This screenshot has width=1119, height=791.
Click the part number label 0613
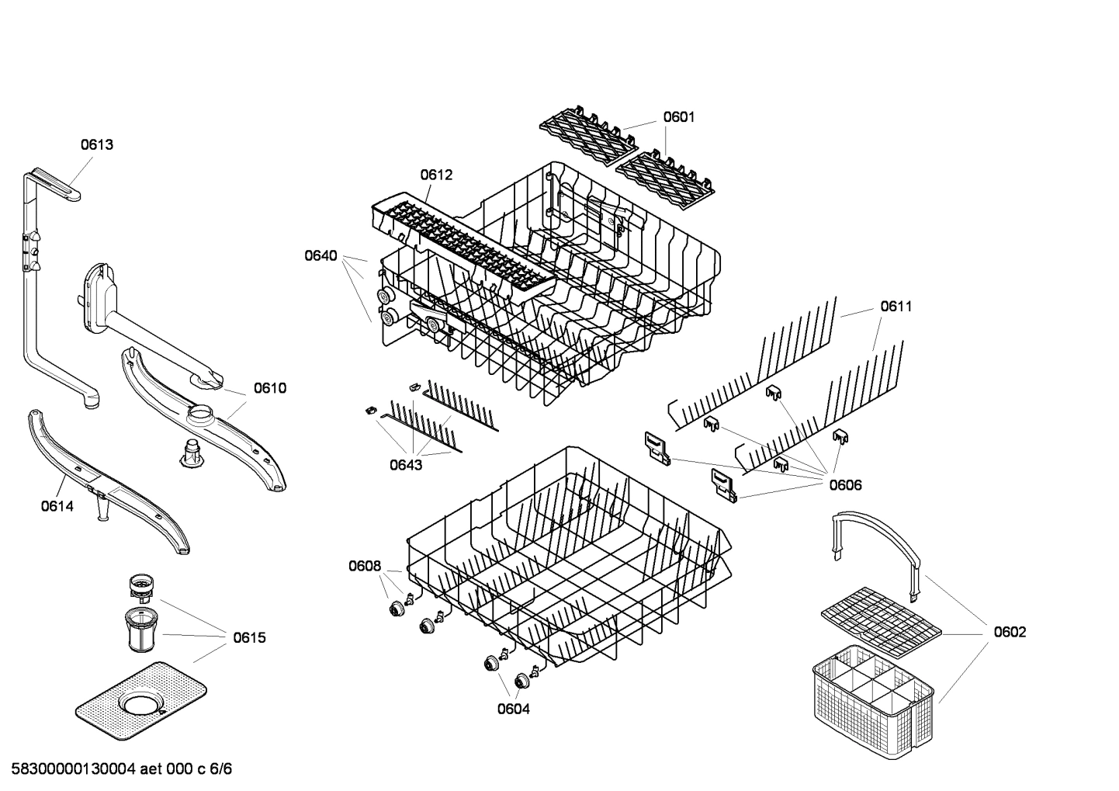coord(97,144)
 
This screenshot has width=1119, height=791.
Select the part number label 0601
coord(678,117)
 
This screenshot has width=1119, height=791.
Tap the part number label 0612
coord(436,175)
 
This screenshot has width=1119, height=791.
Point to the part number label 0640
coord(320,255)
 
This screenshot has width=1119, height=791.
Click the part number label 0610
coord(269,388)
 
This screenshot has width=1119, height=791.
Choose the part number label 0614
coord(57,507)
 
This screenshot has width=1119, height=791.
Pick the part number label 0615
coord(249,638)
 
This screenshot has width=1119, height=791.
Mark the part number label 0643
coord(406,465)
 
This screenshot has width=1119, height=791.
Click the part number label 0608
coord(364,566)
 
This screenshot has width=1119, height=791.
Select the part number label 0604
coord(513,709)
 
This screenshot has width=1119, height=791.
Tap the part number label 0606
coord(845,485)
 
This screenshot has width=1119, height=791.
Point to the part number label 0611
coord(896,307)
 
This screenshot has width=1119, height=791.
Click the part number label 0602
coord(1010,633)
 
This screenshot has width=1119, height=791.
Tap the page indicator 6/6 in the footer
coord(221,769)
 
